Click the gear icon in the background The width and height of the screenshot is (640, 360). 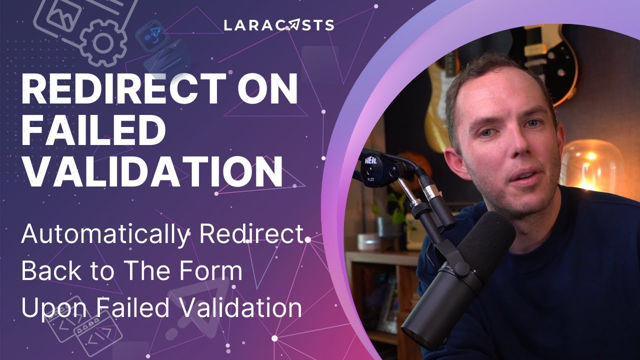[x=102, y=42]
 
